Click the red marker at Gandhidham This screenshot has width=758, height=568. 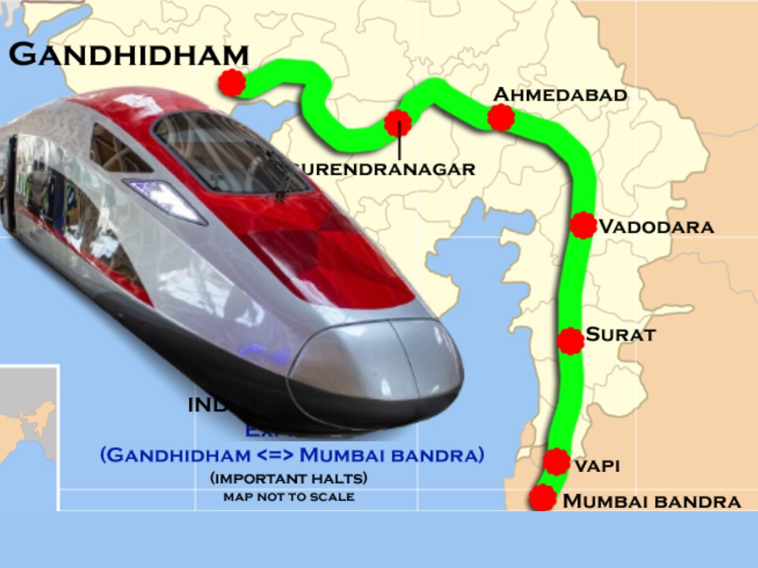click(x=232, y=83)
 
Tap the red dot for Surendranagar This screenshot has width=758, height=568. click(x=398, y=123)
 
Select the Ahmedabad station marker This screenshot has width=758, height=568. click(x=501, y=117)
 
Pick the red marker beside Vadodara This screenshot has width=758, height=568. click(x=582, y=225)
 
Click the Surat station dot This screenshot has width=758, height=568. click(x=571, y=341)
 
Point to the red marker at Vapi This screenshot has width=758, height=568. click(x=556, y=461)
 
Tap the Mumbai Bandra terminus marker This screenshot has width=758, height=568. click(x=542, y=497)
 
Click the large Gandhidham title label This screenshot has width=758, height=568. click(x=128, y=55)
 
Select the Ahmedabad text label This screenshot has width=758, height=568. click(x=560, y=95)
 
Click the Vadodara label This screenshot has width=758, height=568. click(x=656, y=227)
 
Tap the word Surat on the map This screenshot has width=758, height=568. click(x=621, y=334)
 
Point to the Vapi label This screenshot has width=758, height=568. click(x=596, y=466)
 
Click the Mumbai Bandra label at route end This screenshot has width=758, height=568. click(x=651, y=502)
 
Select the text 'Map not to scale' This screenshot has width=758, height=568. click(x=289, y=497)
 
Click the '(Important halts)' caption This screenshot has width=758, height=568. click(x=289, y=478)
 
